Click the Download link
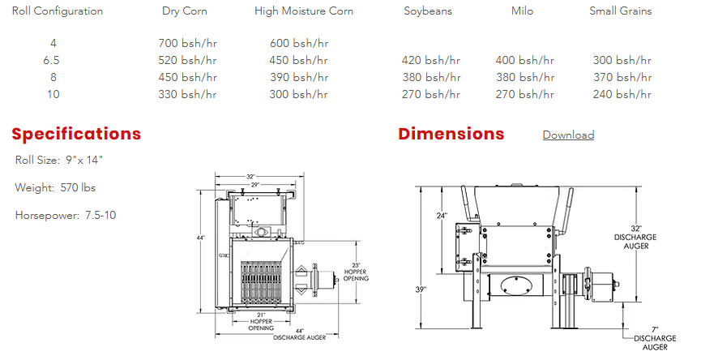(x=568, y=135)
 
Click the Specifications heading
(x=76, y=134)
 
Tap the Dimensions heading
(x=451, y=134)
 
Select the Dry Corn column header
(x=185, y=11)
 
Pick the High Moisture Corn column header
(x=304, y=11)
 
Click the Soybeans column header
(x=428, y=11)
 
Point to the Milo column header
(x=522, y=11)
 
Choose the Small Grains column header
(x=621, y=11)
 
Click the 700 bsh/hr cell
(x=187, y=44)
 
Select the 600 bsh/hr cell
(x=299, y=44)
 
